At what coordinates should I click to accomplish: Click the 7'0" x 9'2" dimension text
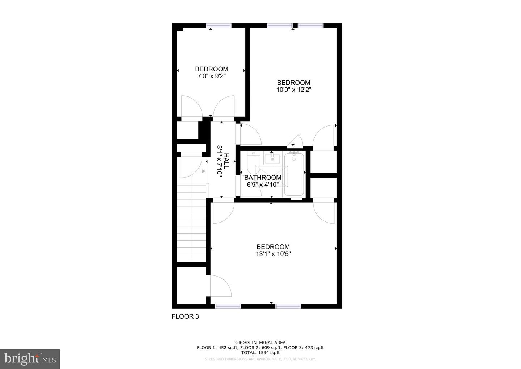(x=212, y=76)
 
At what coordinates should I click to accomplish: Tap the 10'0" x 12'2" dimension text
(x=293, y=90)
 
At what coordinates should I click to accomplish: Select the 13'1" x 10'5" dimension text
(x=273, y=254)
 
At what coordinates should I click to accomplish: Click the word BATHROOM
(x=263, y=178)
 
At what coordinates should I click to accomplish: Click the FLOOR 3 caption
(x=185, y=316)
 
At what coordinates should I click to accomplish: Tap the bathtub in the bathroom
(x=294, y=175)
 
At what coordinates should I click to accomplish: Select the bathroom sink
(x=272, y=158)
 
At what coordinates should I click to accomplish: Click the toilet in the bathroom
(x=252, y=162)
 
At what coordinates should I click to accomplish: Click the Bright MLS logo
(x=30, y=359)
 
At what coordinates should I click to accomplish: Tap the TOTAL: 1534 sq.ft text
(x=260, y=352)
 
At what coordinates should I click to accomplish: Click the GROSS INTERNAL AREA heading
(x=260, y=343)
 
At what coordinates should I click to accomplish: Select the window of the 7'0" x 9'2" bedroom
(x=219, y=25)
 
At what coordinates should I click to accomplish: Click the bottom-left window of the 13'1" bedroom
(x=228, y=306)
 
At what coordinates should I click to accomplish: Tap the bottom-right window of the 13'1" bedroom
(x=288, y=306)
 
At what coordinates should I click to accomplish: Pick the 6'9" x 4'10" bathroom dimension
(x=263, y=184)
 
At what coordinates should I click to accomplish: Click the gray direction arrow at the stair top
(x=203, y=171)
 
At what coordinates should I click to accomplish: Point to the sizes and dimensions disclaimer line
(x=260, y=359)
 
